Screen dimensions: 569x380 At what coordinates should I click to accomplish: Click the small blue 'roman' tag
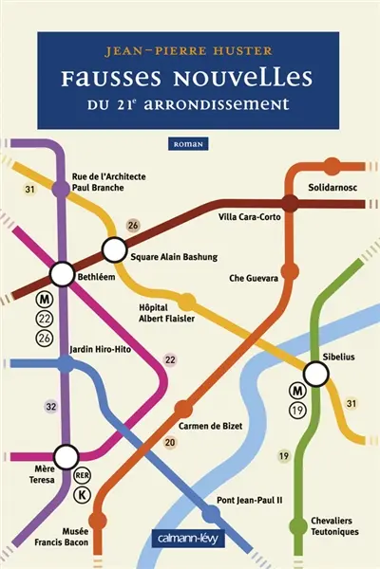pyautogui.click(x=192, y=143)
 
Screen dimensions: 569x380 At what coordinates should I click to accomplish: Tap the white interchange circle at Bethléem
pyautogui.click(x=63, y=275)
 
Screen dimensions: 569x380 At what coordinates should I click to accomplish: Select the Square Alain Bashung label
pyautogui.click(x=172, y=257)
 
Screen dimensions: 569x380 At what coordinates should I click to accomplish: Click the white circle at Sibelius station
pyautogui.click(x=315, y=375)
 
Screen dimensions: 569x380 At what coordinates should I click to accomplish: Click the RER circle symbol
pyautogui.click(x=82, y=475)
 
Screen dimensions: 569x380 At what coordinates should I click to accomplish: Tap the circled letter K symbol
pyautogui.click(x=82, y=495)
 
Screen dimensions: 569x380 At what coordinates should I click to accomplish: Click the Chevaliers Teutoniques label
pyautogui.click(x=338, y=526)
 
